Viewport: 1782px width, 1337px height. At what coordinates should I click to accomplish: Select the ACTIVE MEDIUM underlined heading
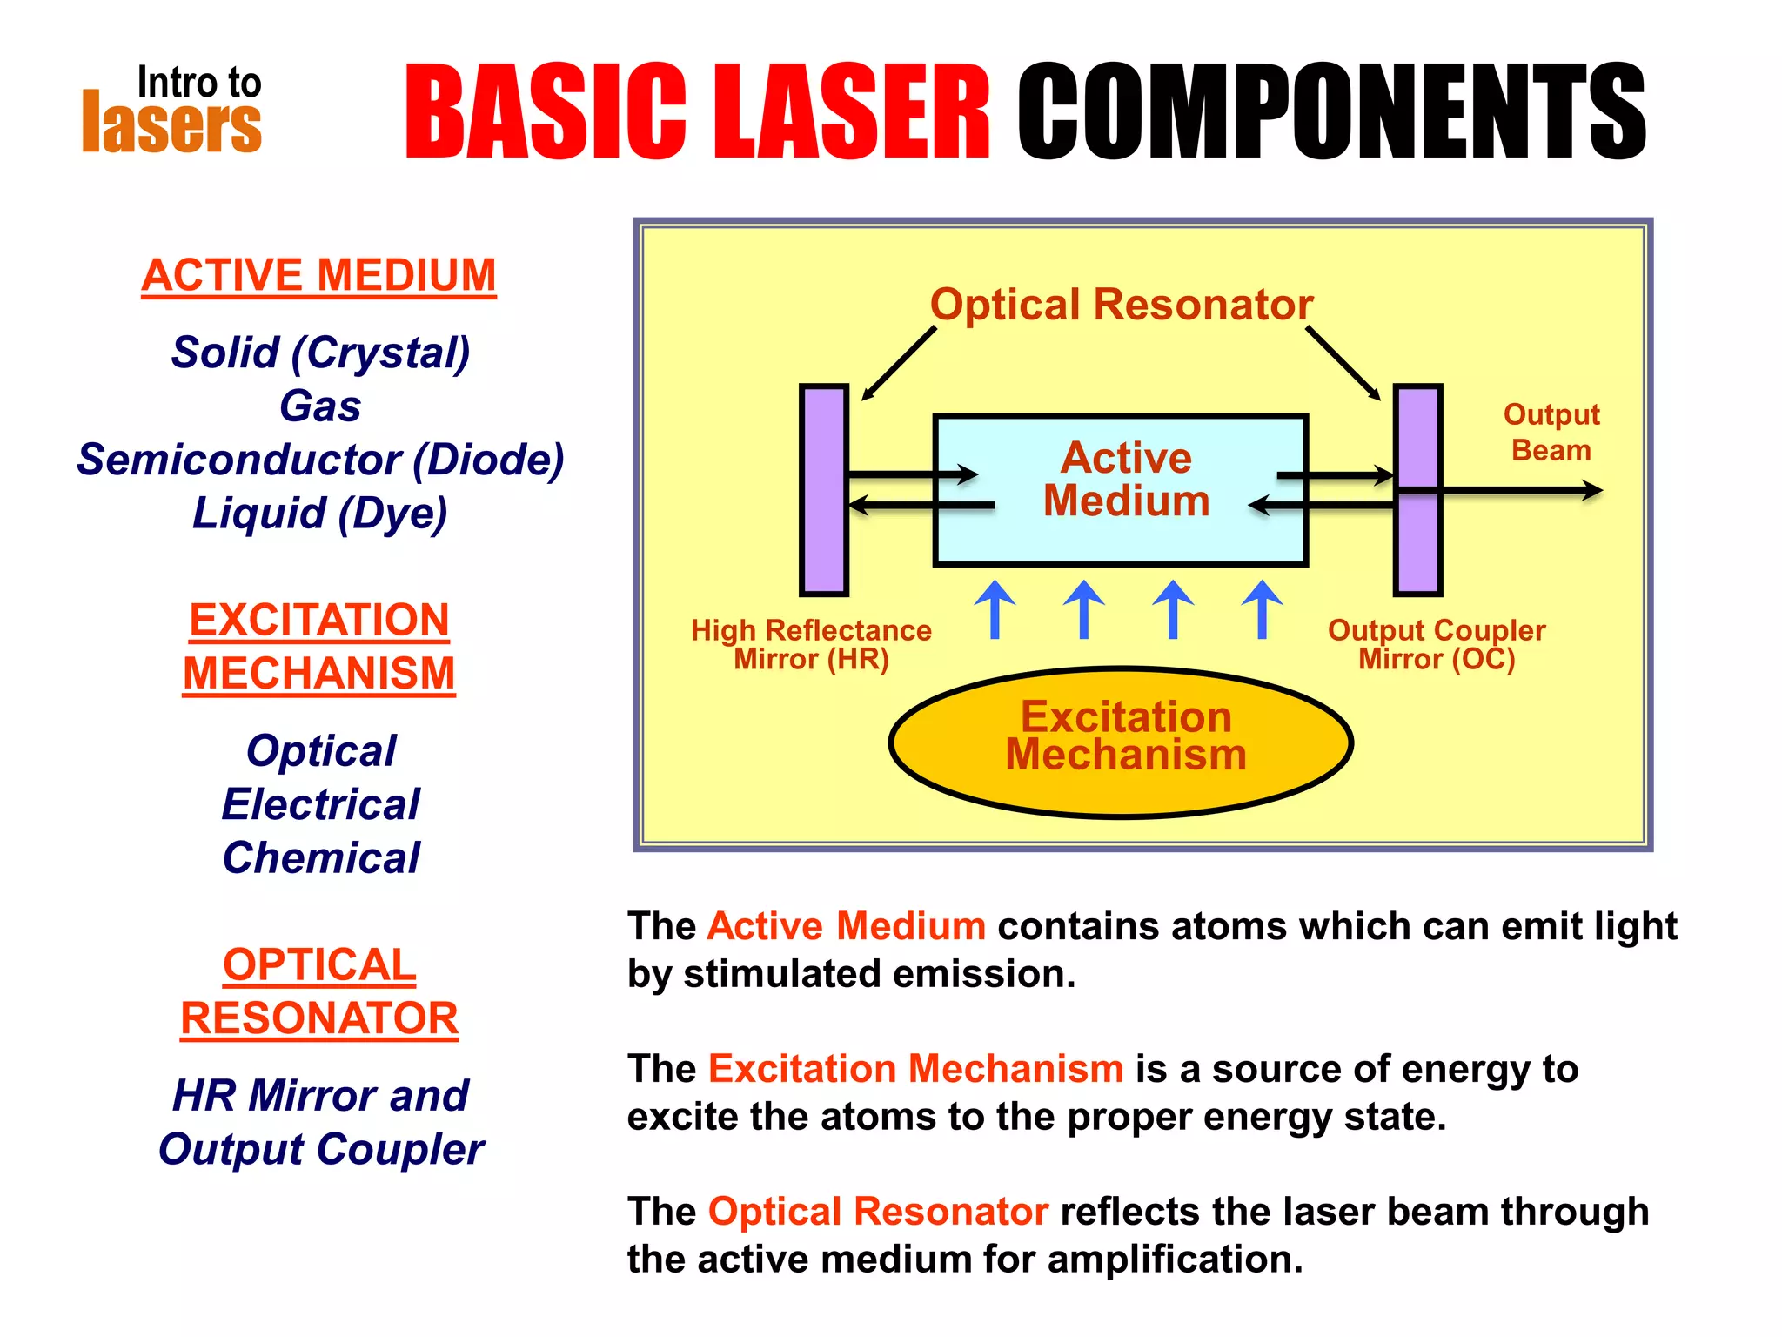(x=318, y=275)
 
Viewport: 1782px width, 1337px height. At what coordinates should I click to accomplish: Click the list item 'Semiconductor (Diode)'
(x=320, y=459)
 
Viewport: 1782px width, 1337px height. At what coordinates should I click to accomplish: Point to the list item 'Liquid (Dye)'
(x=320, y=513)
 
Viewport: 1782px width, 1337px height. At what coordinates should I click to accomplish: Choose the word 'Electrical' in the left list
(x=320, y=803)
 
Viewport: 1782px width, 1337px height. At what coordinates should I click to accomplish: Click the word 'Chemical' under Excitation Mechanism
(x=320, y=857)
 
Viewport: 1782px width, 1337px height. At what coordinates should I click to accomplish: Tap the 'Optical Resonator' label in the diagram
(x=1121, y=305)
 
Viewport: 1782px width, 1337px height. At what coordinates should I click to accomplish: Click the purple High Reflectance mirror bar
(x=824, y=540)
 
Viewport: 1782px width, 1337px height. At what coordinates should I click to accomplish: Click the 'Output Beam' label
(x=1551, y=432)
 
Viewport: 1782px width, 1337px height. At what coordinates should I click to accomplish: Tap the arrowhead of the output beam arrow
(x=1592, y=491)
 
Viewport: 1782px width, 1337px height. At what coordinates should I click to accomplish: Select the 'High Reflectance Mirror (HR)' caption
(x=811, y=644)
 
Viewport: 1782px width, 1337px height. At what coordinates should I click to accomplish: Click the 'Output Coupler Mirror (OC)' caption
(x=1437, y=644)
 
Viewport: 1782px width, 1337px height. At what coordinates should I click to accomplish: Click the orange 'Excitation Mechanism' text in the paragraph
(x=915, y=1069)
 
